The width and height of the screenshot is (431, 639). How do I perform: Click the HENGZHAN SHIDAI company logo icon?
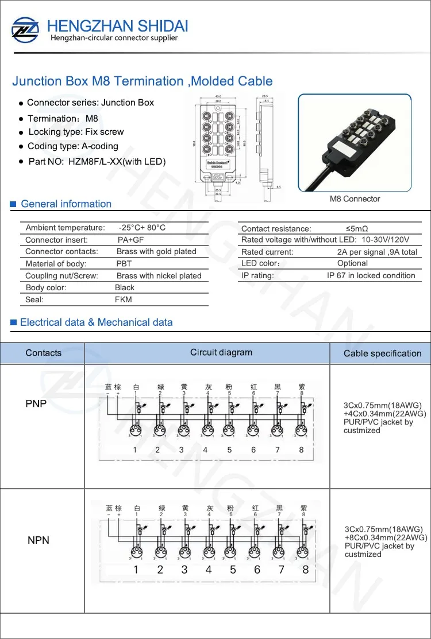pos(25,29)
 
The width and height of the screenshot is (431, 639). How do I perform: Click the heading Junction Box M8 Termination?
pos(142,81)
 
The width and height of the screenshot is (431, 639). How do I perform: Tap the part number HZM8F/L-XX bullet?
pos(97,162)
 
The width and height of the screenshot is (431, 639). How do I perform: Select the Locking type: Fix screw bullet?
pos(76,132)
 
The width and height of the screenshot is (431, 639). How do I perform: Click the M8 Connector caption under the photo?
pos(355,199)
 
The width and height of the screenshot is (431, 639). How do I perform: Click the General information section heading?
pos(66,204)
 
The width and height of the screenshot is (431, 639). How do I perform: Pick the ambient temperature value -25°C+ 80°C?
pos(142,228)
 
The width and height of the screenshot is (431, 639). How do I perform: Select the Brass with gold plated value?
pos(156,252)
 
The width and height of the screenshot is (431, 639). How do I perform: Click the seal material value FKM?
pos(123,299)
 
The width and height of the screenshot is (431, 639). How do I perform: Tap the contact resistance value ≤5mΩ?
pos(357,228)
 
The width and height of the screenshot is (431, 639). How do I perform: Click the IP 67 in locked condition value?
pos(371,276)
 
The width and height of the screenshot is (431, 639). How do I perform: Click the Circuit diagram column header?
pos(221,353)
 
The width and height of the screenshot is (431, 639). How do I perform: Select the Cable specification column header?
pos(382,353)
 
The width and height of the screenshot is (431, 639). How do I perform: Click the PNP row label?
pos(36,404)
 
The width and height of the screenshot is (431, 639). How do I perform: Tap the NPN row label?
pos(39,540)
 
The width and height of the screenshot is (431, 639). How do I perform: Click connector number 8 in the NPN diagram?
pos(306,570)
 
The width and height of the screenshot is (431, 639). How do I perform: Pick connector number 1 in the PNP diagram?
pos(135,450)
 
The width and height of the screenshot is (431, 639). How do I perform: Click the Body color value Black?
pos(125,287)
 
